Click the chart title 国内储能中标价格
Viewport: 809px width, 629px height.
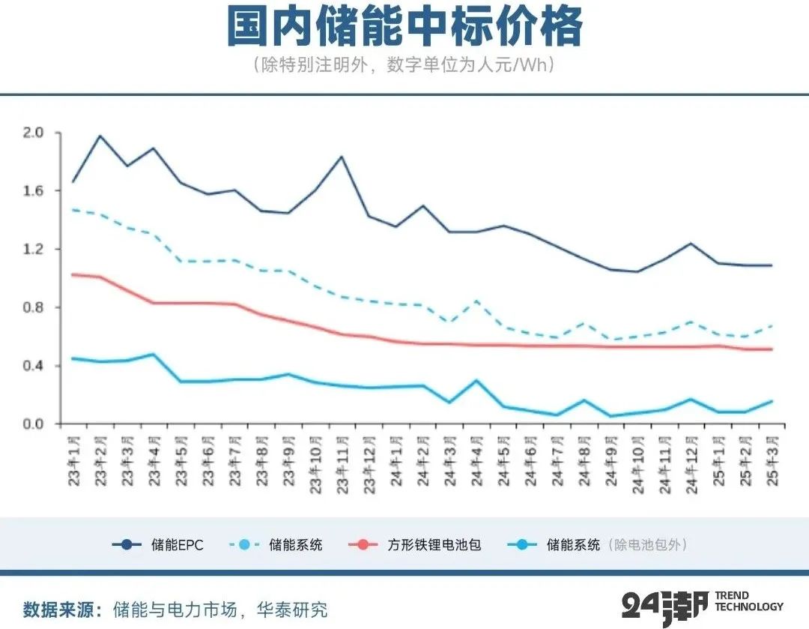click(404, 28)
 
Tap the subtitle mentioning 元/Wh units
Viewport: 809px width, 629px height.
click(404, 64)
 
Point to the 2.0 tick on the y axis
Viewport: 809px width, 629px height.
click(34, 133)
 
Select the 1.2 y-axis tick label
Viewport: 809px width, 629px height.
click(34, 249)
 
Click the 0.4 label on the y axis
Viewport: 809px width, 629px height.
click(34, 366)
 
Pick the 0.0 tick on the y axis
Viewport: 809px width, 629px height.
click(34, 424)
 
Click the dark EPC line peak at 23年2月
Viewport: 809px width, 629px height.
click(100, 136)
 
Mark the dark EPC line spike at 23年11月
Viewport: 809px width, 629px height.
click(342, 157)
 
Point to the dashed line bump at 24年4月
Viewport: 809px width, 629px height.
click(476, 301)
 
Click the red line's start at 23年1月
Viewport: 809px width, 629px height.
click(73, 274)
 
